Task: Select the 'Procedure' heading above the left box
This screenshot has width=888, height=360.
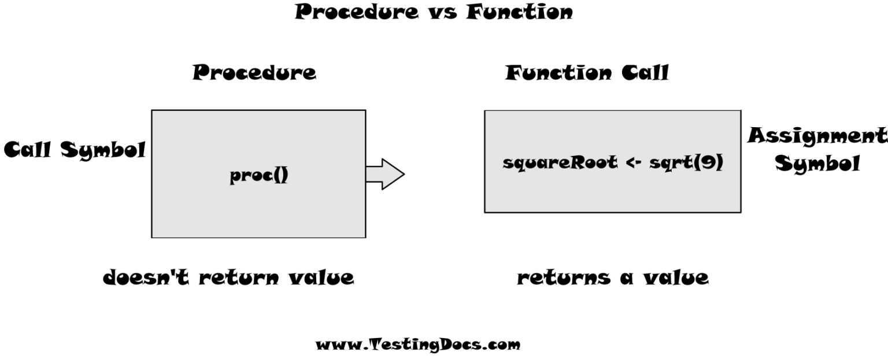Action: click(x=254, y=73)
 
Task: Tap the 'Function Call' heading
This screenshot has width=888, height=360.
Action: click(x=587, y=73)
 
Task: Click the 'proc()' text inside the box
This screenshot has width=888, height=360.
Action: click(x=259, y=176)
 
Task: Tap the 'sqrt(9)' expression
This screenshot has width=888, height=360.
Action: click(x=686, y=164)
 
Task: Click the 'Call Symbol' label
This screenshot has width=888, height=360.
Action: click(x=75, y=150)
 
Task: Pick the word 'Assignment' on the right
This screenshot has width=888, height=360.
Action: click(x=816, y=137)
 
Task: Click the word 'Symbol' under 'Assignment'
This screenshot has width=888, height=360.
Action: click(x=817, y=164)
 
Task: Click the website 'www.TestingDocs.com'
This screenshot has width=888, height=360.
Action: click(x=417, y=345)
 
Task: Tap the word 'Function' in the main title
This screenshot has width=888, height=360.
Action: click(x=520, y=12)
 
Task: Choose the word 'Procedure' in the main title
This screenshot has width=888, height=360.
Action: click(x=356, y=12)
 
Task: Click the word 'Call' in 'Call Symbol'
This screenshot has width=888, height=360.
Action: click(x=29, y=150)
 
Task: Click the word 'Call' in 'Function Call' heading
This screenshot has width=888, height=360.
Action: click(x=645, y=73)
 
